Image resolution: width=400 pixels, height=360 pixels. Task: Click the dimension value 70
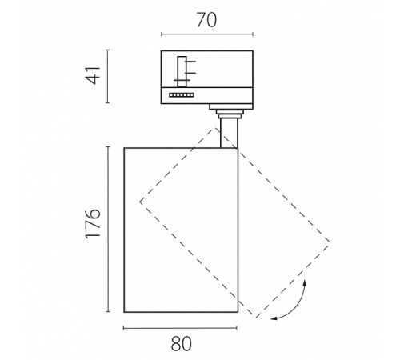206,20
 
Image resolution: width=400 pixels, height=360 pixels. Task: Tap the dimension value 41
93,76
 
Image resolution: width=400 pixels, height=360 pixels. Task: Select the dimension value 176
93,223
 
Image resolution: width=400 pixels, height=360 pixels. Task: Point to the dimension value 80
182,343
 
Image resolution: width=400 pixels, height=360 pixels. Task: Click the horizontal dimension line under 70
207,34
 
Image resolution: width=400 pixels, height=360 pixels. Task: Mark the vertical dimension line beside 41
108,76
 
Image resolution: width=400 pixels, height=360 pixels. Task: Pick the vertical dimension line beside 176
108,229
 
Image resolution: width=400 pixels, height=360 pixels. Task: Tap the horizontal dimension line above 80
180,328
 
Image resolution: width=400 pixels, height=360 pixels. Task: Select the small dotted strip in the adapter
182,95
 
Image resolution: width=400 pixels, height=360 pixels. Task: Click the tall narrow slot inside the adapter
182,72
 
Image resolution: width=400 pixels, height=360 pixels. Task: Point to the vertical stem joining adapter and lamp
229,133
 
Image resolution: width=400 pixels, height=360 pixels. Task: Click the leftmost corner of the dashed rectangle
140,202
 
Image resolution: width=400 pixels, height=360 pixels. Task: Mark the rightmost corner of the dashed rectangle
329,242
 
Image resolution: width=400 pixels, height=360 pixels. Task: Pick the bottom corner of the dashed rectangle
256,318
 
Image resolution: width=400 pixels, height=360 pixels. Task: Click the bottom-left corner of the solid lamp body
124,312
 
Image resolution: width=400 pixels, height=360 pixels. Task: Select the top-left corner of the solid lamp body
124,148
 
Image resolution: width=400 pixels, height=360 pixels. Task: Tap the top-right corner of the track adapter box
253,50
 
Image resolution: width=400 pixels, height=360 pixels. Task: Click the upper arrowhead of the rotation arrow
305,282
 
